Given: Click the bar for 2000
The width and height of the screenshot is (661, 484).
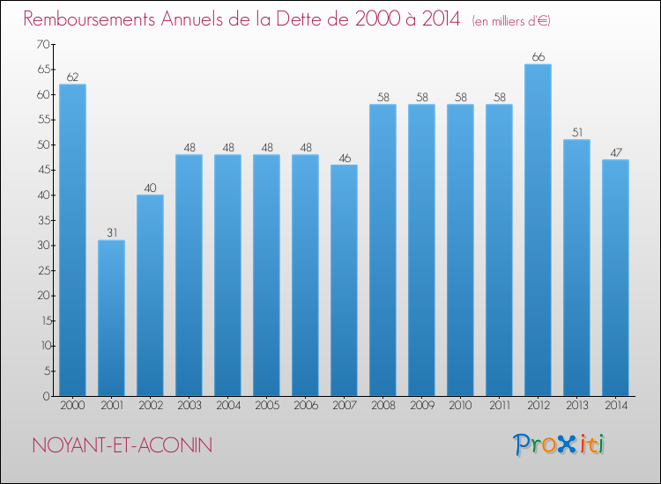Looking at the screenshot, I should (72, 239).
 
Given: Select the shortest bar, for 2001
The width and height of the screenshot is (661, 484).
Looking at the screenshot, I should (111, 318).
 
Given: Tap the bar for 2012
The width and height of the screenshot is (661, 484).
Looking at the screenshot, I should (538, 230).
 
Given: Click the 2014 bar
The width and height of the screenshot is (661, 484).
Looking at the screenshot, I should (615, 277).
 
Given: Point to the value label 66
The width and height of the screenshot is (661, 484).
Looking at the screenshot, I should (538, 57).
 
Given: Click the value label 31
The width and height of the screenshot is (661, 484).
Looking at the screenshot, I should (111, 233).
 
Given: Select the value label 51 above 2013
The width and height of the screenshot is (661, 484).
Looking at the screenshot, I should (576, 133).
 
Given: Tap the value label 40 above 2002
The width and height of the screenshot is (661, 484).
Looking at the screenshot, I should (150, 187).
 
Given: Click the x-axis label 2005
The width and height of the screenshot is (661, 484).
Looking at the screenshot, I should (266, 407).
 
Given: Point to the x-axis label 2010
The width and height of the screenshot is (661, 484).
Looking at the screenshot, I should (460, 407).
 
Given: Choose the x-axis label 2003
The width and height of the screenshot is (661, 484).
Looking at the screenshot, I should (189, 407).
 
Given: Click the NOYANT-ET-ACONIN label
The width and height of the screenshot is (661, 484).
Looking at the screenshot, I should (122, 445).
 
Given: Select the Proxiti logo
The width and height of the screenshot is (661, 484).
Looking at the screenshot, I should (559, 444).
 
